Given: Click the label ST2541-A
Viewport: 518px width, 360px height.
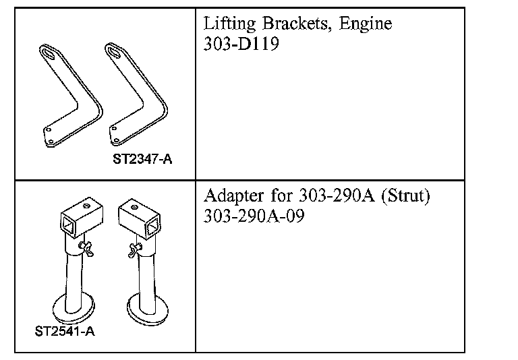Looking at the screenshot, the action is (65, 332).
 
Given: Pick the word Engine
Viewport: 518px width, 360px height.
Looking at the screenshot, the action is (365, 26).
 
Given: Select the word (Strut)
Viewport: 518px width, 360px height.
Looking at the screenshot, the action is (405, 197).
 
